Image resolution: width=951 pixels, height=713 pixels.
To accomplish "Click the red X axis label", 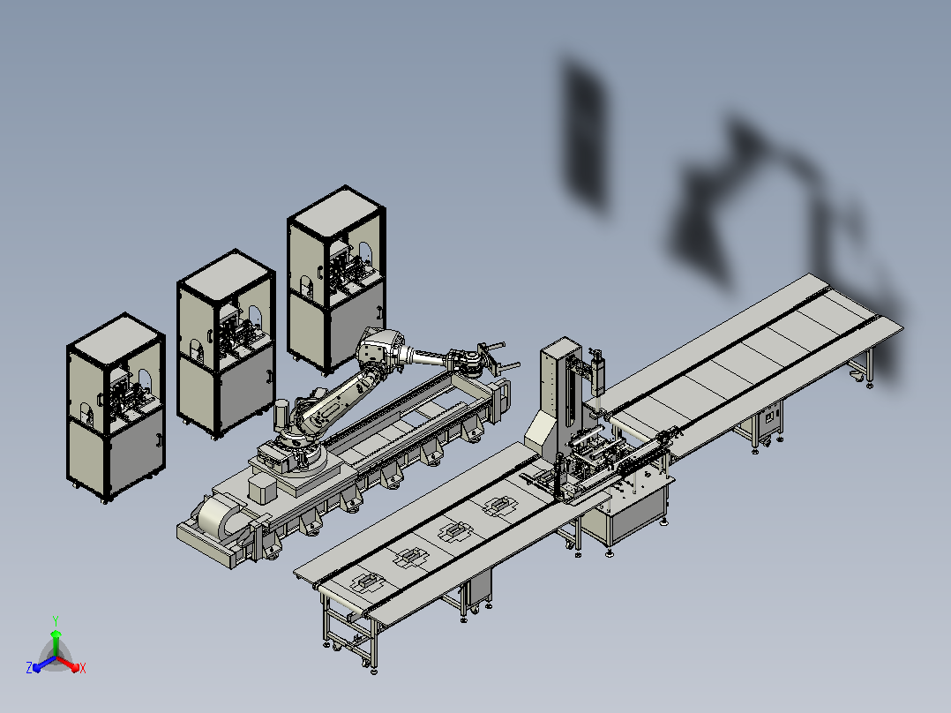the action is click(83, 668).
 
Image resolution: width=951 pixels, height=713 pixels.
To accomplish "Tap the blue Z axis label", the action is click(28, 667).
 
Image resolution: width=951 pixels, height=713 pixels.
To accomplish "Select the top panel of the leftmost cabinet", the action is click(116, 340).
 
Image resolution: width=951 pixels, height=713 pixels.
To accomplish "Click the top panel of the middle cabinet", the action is click(226, 276).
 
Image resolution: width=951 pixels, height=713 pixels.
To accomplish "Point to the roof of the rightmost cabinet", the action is click(337, 213).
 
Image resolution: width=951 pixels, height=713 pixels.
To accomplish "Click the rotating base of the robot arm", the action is click(297, 450).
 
